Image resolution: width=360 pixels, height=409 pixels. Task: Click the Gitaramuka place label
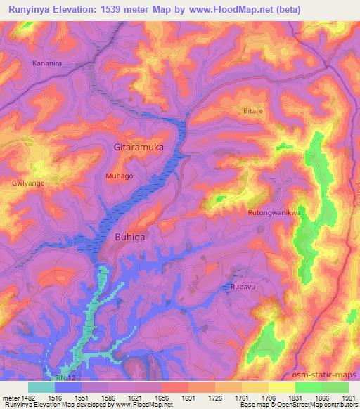click(139, 148)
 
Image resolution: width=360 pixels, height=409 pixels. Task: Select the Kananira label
click(49, 63)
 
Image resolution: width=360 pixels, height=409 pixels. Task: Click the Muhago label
click(119, 176)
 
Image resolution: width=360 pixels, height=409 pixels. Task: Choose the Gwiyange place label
click(25, 181)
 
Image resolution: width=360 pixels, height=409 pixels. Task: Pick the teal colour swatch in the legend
click(41, 387)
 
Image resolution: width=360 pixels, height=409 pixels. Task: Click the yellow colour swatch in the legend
click(281, 387)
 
